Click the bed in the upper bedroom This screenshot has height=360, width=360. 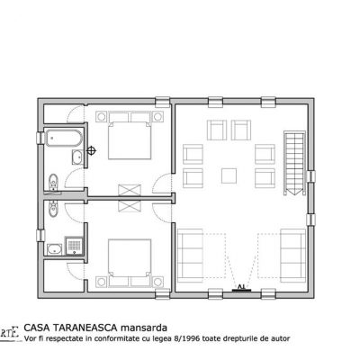point(125,139)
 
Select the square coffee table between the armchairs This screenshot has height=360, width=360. point(229,175)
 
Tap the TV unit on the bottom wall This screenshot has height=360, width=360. point(241,288)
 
